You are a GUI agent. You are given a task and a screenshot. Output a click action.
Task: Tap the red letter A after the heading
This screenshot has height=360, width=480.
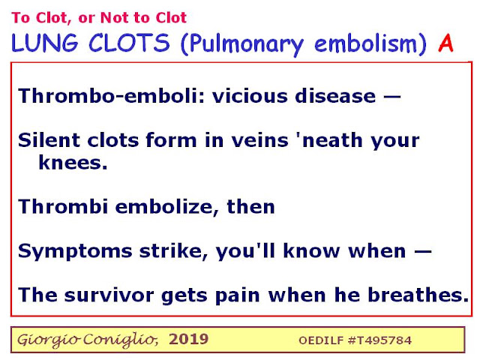(445, 43)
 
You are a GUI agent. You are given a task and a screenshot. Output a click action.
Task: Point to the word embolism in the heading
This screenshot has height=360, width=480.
(365, 43)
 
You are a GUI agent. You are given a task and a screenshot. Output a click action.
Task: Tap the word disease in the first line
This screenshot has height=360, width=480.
(335, 96)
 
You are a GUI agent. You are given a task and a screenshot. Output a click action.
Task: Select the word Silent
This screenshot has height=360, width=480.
(49, 140)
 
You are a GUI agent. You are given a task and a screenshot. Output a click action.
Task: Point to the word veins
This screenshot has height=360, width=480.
(259, 140)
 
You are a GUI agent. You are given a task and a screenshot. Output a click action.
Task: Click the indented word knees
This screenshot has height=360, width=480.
(73, 162)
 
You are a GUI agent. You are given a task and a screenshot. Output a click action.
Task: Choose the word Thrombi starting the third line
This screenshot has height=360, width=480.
(63, 206)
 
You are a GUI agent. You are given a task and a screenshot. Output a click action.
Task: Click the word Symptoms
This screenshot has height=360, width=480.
(75, 252)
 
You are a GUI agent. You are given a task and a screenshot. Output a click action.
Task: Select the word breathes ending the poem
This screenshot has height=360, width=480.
(418, 295)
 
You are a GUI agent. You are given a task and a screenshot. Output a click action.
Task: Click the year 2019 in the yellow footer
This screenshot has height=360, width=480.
(188, 339)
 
